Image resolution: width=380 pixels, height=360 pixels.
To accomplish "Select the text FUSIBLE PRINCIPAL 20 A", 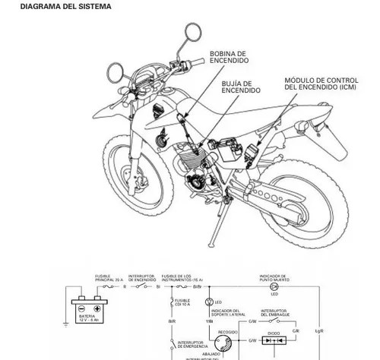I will click(107, 278).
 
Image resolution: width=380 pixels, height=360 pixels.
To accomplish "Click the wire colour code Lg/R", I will click(318, 332).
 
